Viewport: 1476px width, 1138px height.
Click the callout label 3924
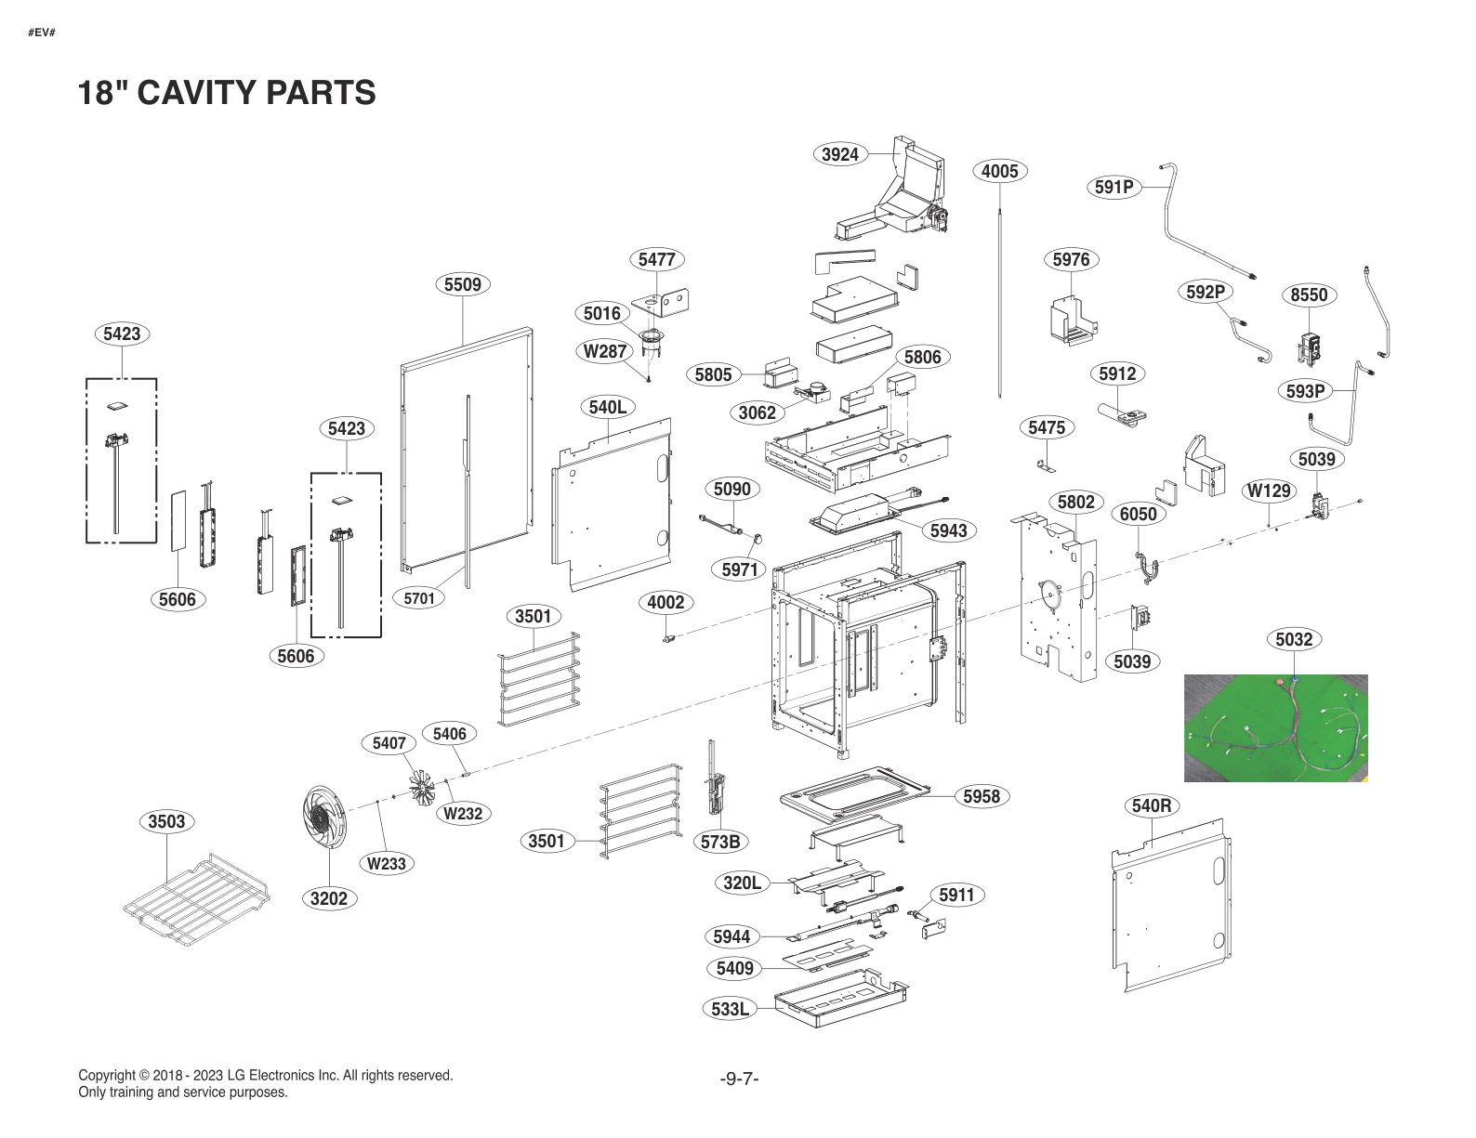pyautogui.click(x=840, y=154)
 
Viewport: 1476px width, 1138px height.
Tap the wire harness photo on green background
pyautogui.click(x=1275, y=728)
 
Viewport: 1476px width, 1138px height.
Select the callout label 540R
pyautogui.click(x=1152, y=805)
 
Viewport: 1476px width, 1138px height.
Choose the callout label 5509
pyautogui.click(x=462, y=284)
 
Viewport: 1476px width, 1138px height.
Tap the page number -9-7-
pyautogui.click(x=739, y=1079)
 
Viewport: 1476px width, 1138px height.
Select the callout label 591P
pyautogui.click(x=1114, y=187)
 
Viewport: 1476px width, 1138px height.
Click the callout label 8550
pyautogui.click(x=1309, y=294)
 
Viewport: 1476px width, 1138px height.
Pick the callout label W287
pyautogui.click(x=604, y=351)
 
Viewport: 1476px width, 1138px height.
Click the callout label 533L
pyautogui.click(x=730, y=1008)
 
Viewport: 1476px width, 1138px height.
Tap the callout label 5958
pyautogui.click(x=982, y=796)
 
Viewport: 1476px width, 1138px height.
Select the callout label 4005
pyautogui.click(x=999, y=171)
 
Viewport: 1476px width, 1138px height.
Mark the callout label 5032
pyautogui.click(x=1294, y=639)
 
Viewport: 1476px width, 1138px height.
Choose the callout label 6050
pyautogui.click(x=1138, y=514)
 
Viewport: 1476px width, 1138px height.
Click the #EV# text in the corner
pyautogui.click(x=42, y=33)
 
